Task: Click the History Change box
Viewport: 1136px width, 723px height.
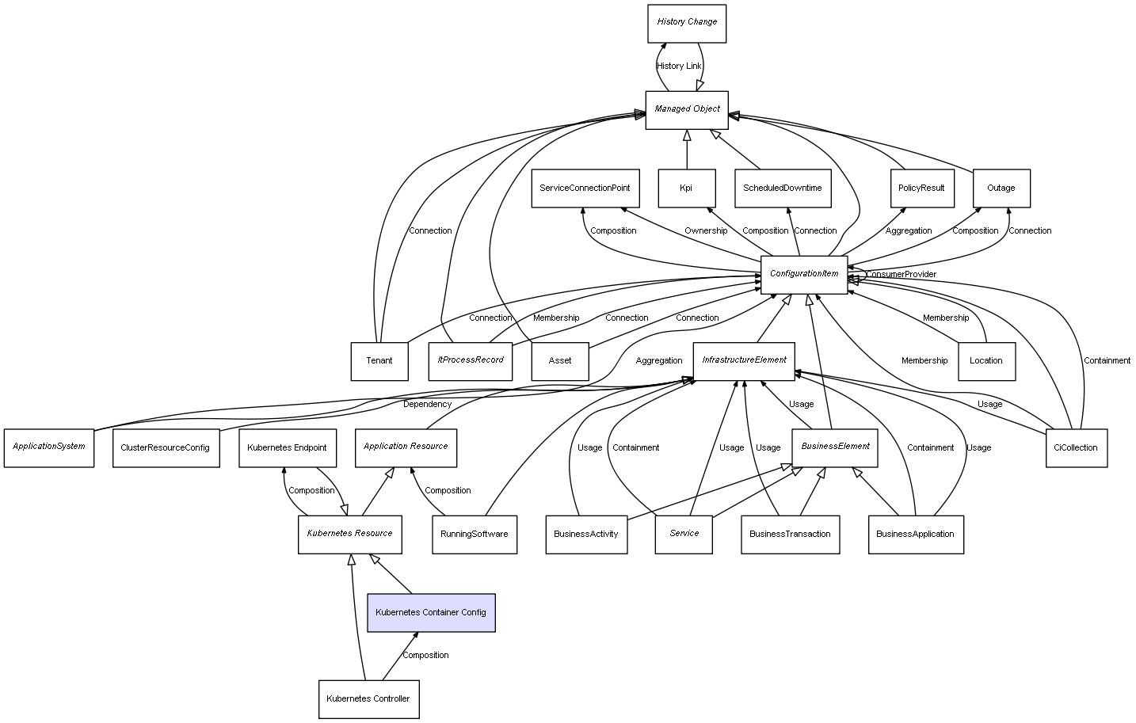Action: tap(686, 23)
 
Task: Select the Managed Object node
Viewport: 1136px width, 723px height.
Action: tap(686, 109)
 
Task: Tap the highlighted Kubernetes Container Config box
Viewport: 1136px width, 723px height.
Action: tap(431, 612)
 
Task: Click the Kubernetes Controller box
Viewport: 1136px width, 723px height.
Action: tap(368, 698)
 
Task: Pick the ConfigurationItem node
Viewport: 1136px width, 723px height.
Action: tap(803, 274)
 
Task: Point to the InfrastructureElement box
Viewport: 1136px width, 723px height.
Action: tap(743, 360)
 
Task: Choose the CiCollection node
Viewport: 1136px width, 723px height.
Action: tap(1076, 447)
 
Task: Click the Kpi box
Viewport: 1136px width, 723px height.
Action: tap(686, 188)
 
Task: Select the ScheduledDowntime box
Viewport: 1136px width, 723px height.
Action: tap(782, 188)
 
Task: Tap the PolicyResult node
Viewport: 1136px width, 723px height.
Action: tap(921, 188)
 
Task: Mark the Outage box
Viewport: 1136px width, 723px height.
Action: tap(1001, 188)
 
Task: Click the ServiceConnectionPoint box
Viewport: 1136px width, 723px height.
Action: tap(585, 188)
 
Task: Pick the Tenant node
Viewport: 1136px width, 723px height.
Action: tap(379, 361)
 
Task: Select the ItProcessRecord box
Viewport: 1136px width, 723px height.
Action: tap(470, 360)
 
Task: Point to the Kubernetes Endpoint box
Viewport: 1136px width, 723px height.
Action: tap(287, 447)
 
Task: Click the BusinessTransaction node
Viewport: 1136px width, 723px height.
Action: tap(790, 534)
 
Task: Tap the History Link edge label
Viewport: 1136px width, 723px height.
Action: tap(679, 66)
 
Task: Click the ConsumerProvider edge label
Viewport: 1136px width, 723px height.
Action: tap(901, 275)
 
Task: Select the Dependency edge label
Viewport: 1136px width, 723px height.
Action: tap(427, 404)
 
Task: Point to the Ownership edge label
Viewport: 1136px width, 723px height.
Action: tap(705, 231)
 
